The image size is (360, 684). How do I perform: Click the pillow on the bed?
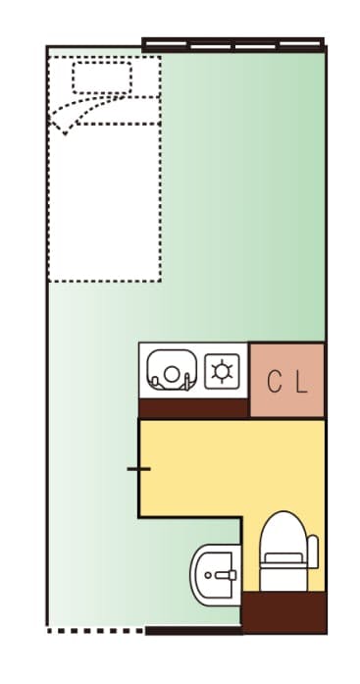102,77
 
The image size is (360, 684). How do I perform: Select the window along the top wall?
232,43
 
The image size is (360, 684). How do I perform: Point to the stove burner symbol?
224,370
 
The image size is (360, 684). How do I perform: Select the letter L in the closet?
301,382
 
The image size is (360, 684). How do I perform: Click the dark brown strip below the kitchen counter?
192,405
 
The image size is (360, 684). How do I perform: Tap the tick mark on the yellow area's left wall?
138,469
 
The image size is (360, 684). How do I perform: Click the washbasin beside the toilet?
214,575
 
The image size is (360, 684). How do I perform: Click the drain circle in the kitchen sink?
171,374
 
